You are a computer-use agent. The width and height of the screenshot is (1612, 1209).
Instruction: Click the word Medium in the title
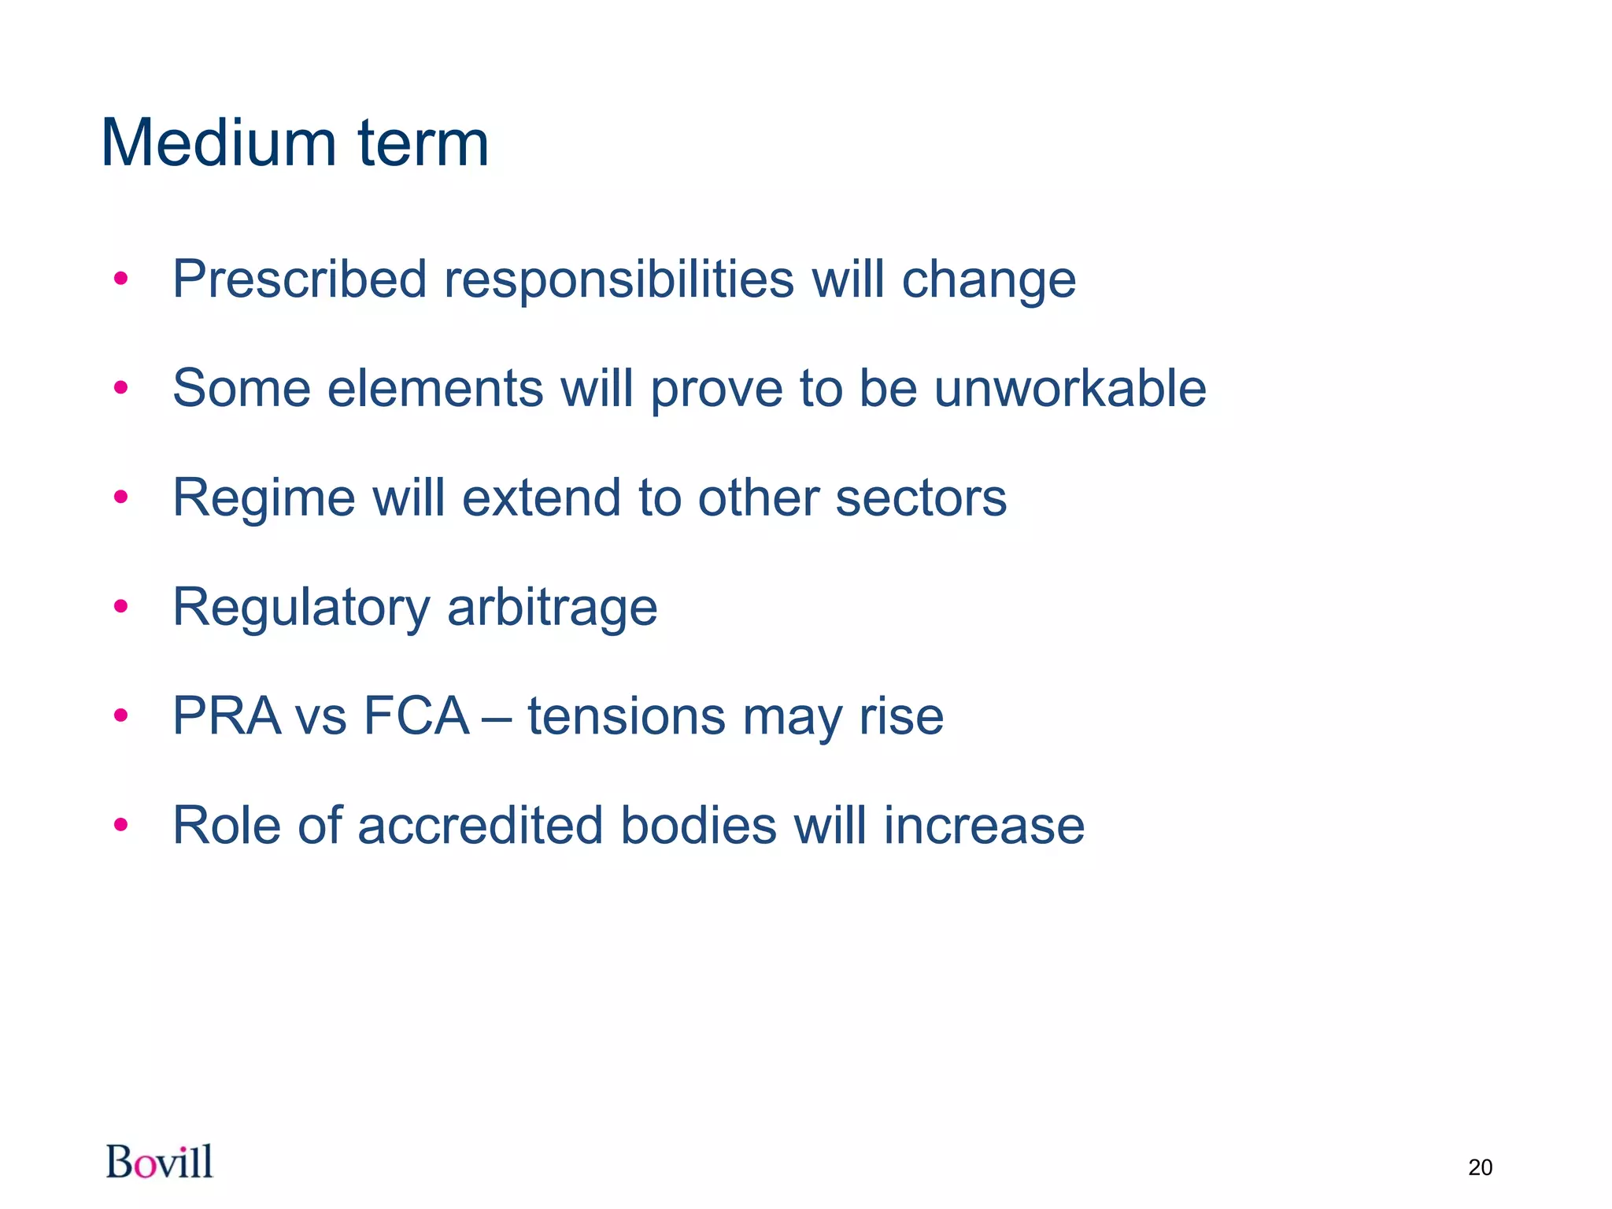(220, 143)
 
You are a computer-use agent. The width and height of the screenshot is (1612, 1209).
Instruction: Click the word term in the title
(423, 145)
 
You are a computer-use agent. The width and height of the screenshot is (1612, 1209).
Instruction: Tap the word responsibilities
(619, 280)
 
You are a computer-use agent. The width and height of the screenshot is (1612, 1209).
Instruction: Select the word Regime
(264, 499)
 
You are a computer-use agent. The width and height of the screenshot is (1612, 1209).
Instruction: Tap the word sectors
(920, 498)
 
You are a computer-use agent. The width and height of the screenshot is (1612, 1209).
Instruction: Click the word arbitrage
(552, 608)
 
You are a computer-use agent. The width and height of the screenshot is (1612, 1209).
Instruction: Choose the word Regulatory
(301, 608)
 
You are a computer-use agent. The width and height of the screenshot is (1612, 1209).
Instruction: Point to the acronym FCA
(416, 716)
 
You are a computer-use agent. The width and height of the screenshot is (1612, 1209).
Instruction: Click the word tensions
(626, 717)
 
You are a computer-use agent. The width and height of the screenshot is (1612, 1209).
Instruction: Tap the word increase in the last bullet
(983, 826)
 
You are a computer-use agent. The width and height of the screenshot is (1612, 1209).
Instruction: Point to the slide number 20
(1480, 1167)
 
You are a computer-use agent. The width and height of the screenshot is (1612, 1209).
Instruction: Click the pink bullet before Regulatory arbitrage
(120, 607)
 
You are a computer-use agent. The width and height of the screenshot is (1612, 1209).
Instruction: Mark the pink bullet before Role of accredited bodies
(120, 825)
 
